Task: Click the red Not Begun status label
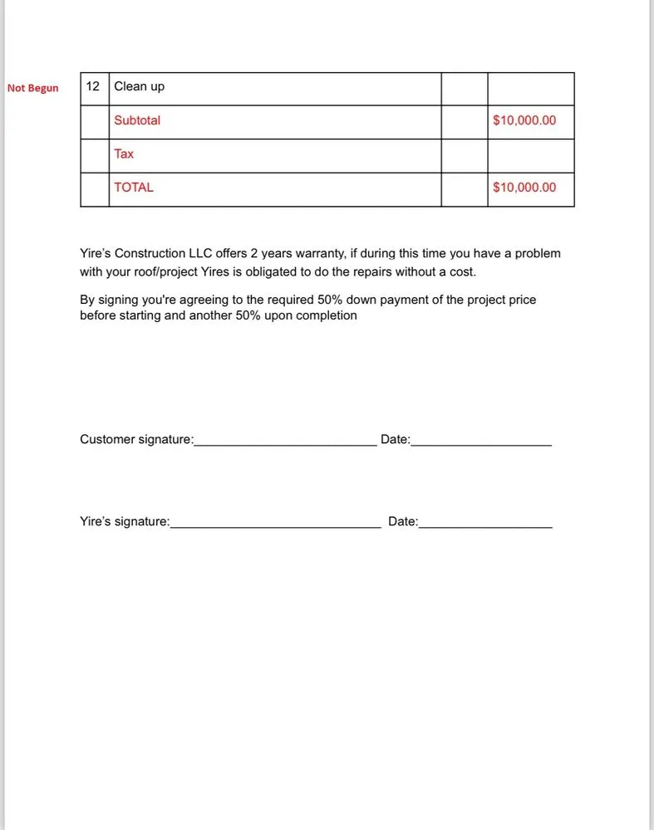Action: (x=33, y=88)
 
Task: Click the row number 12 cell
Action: (x=93, y=87)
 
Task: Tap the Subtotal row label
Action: (x=137, y=120)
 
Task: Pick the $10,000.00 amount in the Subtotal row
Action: (x=524, y=120)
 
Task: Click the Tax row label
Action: (x=124, y=154)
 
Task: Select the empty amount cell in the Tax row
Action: (x=530, y=155)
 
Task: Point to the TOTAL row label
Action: (x=134, y=188)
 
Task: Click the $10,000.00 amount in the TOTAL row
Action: (x=524, y=188)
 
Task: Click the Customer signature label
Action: (x=136, y=439)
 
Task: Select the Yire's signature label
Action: (x=125, y=522)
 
